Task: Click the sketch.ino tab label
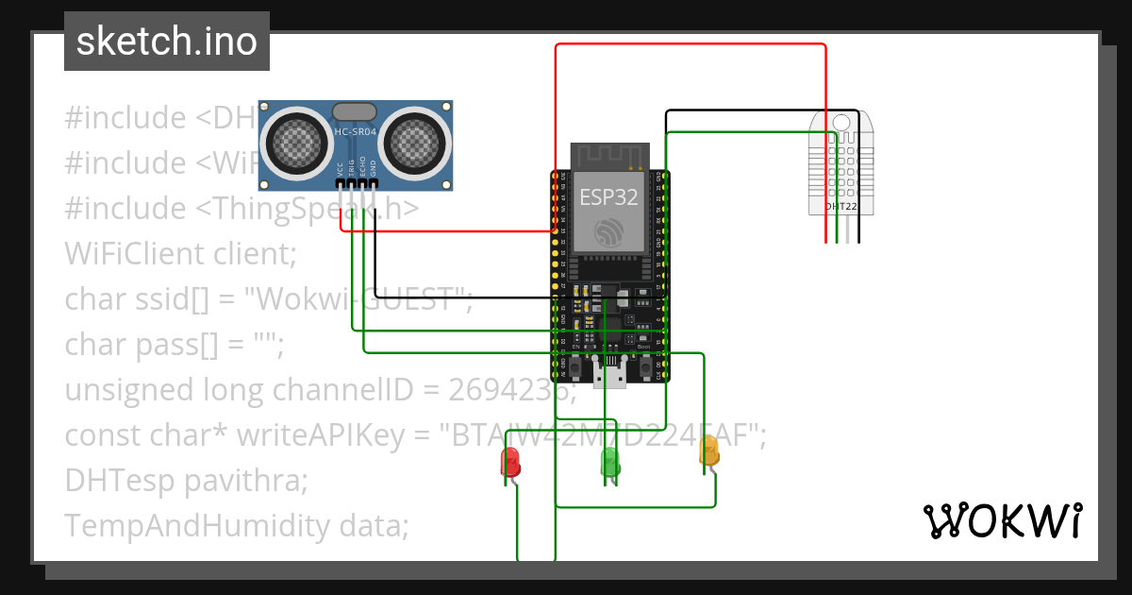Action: click(x=166, y=42)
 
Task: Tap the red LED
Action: click(x=509, y=461)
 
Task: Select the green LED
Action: click(x=610, y=461)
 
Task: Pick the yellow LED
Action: click(x=708, y=450)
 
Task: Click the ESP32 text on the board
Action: click(x=608, y=197)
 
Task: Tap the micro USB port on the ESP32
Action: click(x=610, y=374)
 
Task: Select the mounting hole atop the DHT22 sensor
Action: click(x=841, y=122)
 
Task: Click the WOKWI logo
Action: click(x=1001, y=520)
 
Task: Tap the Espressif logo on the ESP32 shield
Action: click(x=608, y=230)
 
